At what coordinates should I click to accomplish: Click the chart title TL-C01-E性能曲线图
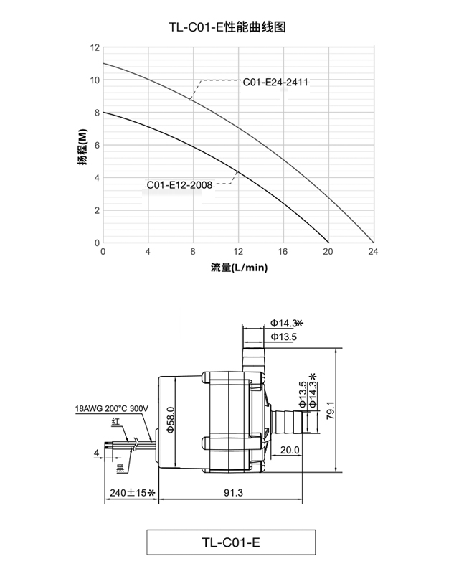(229, 27)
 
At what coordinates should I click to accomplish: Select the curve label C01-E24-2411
(275, 83)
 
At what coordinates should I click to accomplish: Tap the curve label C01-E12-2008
(179, 184)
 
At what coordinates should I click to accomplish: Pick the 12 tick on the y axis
(95, 47)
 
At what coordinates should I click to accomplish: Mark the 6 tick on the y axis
(97, 145)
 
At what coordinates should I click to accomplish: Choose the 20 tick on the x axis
(328, 252)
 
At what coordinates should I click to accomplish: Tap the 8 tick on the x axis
(193, 252)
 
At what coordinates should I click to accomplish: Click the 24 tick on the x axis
(373, 252)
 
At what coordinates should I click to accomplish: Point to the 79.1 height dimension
(350, 411)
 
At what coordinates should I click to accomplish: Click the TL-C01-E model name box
(229, 542)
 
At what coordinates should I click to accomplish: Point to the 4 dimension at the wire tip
(95, 453)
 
